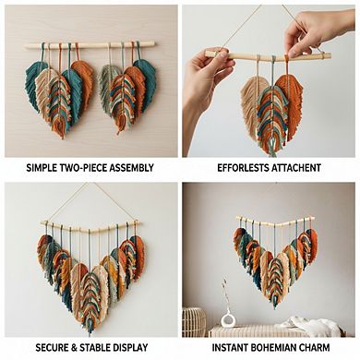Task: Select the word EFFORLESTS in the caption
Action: pos(243,168)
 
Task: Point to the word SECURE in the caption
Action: pos(52,348)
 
